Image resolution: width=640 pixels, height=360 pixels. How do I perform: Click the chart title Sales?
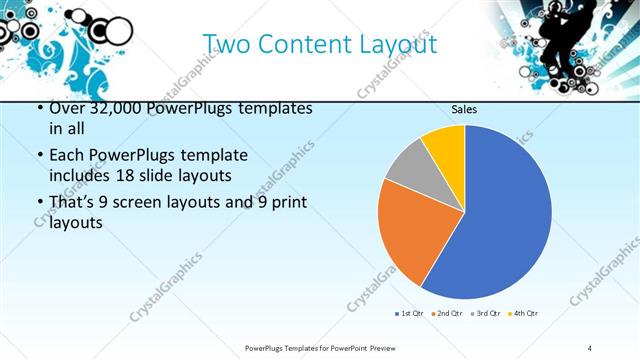coord(463,109)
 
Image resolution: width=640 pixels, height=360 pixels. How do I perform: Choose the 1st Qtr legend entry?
coord(407,314)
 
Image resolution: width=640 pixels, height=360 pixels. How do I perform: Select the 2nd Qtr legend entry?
coord(446,314)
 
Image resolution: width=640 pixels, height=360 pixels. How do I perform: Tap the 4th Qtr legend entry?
coord(524,314)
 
